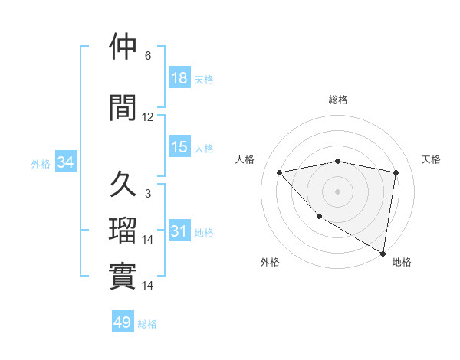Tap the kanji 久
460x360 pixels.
click(x=123, y=185)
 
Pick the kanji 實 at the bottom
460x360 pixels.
click(x=123, y=274)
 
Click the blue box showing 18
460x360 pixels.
click(x=179, y=78)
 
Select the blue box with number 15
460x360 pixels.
click(x=179, y=147)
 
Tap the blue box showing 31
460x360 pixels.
click(x=179, y=231)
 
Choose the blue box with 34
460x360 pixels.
click(x=65, y=163)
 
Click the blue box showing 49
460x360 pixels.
click(x=123, y=323)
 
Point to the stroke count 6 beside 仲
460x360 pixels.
click(x=148, y=56)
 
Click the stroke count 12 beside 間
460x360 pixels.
click(x=148, y=117)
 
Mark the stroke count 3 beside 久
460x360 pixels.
click(x=148, y=195)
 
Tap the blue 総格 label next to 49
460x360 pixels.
click(x=147, y=324)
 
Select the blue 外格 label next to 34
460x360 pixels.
click(x=41, y=164)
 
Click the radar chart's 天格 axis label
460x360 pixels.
click(x=431, y=159)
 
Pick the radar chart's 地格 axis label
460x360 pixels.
click(x=402, y=262)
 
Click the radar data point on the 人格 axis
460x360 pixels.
click(x=280, y=172)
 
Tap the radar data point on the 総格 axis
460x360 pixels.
click(x=338, y=161)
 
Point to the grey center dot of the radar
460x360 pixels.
click(x=338, y=191)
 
